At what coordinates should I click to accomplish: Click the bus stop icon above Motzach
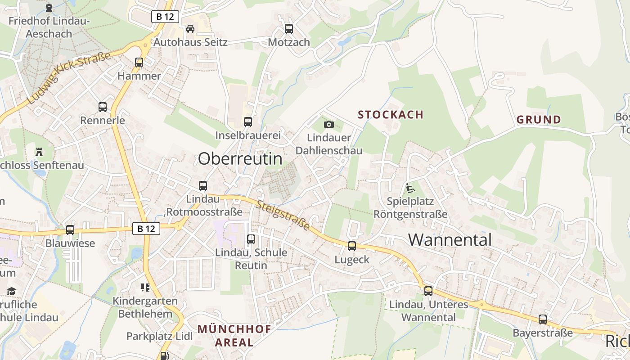[x=289, y=29]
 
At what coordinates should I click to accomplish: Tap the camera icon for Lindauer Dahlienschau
[x=329, y=124]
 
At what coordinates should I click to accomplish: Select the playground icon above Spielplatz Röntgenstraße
[x=410, y=188]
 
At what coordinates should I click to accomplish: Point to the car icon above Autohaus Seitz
[x=190, y=29]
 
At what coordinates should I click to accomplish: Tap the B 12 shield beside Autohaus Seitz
[x=165, y=17]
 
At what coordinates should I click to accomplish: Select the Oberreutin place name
[x=240, y=158]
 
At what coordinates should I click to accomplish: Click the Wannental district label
[x=450, y=239]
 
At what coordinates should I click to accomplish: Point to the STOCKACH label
[x=391, y=114]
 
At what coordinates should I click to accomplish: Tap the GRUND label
[x=539, y=120]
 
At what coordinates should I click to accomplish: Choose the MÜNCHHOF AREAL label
[x=234, y=335]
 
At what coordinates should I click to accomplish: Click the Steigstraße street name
[x=283, y=216]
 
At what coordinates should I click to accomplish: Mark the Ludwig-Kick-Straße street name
[x=69, y=78]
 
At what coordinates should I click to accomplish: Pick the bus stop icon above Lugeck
[x=352, y=246]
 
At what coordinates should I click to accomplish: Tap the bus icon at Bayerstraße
[x=543, y=319]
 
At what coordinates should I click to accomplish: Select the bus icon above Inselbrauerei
[x=248, y=121]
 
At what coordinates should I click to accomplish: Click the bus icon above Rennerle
[x=103, y=107]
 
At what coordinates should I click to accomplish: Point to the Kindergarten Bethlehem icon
[x=145, y=287]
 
